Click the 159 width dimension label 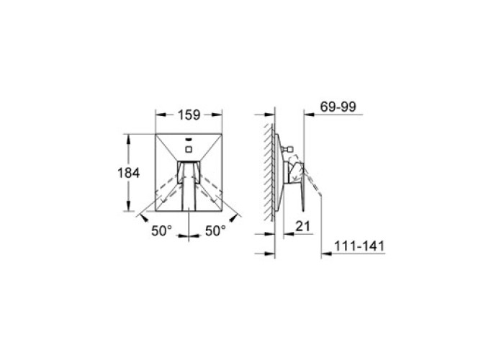tap(189, 114)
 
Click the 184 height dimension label tap(129, 174)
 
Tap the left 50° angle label tap(162, 230)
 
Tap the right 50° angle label tap(215, 230)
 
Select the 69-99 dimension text tap(338, 107)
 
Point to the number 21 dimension tap(303, 226)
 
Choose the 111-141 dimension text tap(359, 246)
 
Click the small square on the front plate tap(189, 149)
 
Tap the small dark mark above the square tap(189, 140)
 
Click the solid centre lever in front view tap(189, 186)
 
